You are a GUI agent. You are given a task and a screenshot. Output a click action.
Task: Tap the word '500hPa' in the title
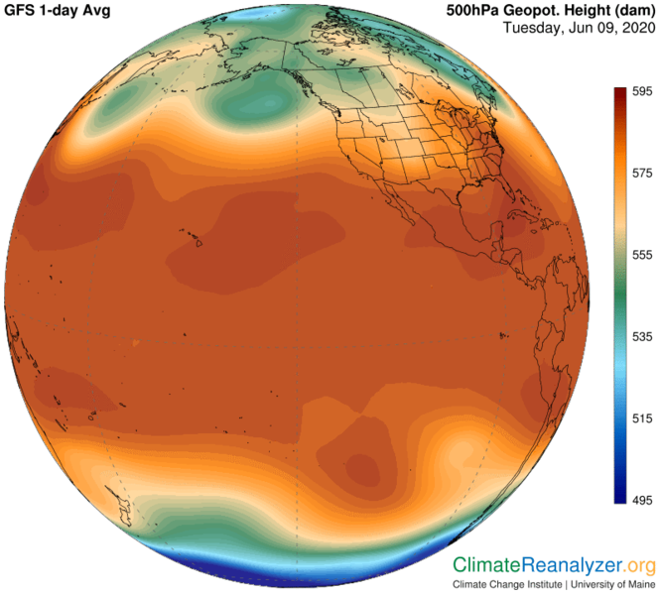coord(465,10)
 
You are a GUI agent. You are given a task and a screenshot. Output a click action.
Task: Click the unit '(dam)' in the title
coord(631,10)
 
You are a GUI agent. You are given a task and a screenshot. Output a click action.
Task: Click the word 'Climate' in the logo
coord(486,565)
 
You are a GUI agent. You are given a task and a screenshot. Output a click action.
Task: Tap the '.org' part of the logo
coord(640,565)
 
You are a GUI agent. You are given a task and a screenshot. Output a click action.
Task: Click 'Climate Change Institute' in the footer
coord(508,584)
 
